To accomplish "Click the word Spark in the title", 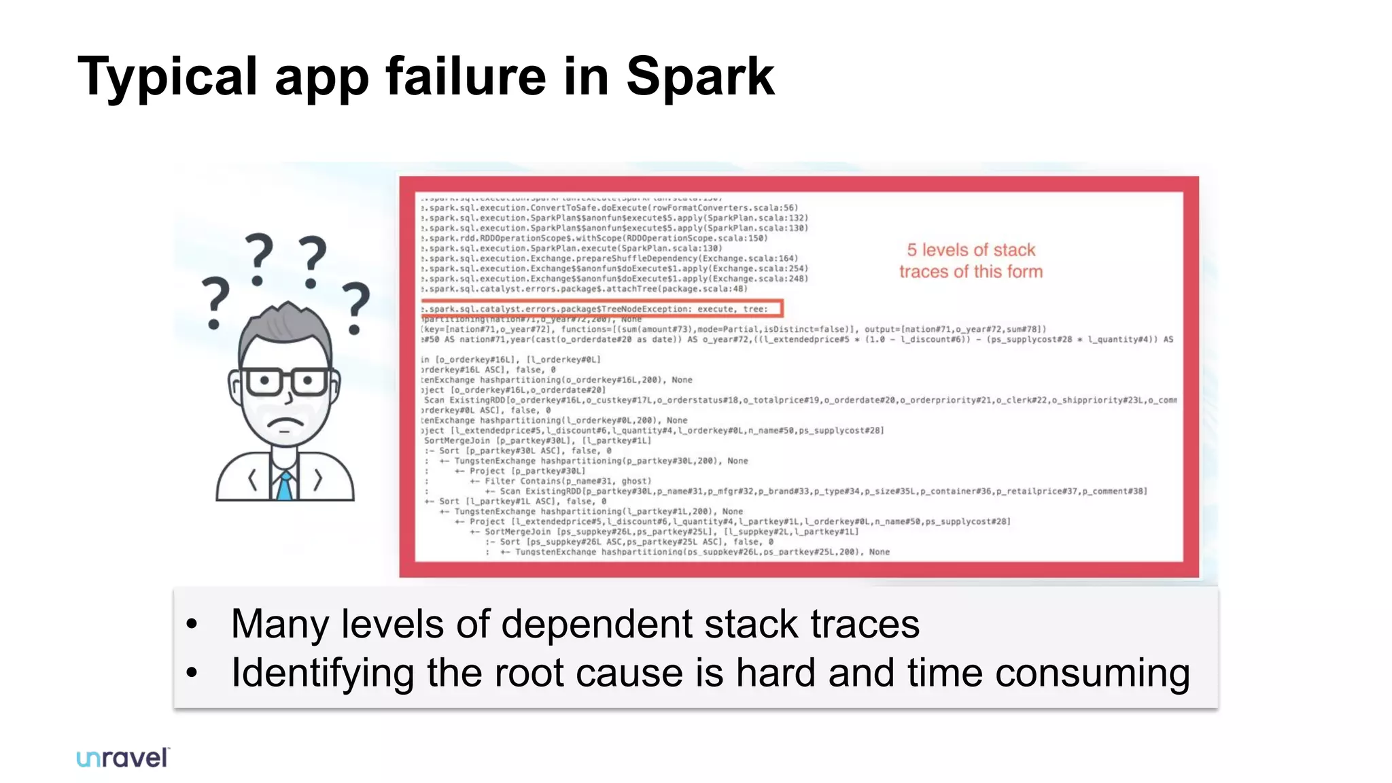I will tap(699, 77).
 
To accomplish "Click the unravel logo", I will tap(123, 758).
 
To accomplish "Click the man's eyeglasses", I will tap(285, 382).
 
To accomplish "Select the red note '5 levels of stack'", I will tap(971, 250).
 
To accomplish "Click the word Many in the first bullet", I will tap(279, 624).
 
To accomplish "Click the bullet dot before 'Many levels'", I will tap(192, 624).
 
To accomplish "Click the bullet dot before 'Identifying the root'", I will tap(192, 673).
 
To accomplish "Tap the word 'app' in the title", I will tap(321, 77).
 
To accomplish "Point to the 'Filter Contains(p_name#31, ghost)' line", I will tap(568, 481).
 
